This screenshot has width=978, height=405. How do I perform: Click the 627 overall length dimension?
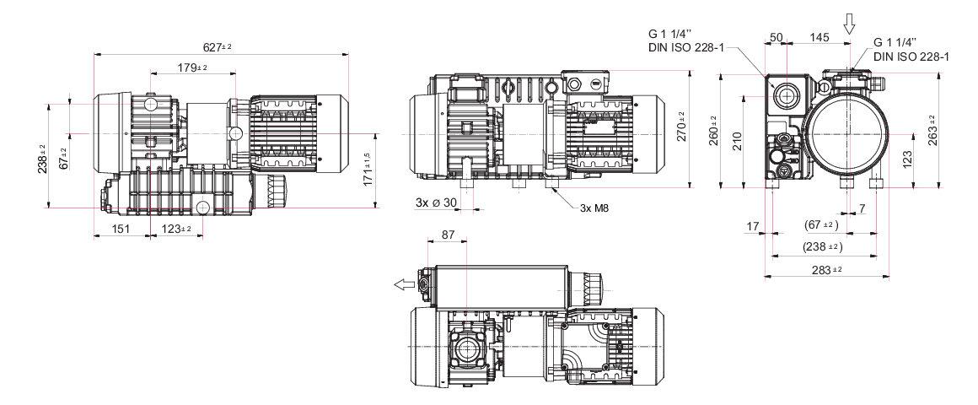218,46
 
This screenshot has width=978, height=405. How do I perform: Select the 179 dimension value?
192,67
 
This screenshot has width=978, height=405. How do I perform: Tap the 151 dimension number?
121,229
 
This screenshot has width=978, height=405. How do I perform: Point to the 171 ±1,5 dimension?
368,169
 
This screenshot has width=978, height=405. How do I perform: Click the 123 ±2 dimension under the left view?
176,229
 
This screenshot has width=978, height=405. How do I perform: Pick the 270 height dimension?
681,127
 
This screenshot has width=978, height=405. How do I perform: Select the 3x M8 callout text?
594,208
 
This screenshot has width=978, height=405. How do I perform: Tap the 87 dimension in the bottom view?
448,235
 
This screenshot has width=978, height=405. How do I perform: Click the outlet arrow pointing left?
404,284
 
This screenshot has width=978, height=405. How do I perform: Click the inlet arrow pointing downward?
849,24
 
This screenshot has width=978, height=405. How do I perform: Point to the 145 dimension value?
819,37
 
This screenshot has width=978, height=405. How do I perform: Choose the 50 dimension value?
776,37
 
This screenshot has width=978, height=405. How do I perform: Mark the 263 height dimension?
932,131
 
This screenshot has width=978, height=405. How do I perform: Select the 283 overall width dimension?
827,270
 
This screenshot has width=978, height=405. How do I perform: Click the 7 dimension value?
862,208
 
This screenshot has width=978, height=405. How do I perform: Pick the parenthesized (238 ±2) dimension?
823,246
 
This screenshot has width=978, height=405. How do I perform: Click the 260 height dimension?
714,131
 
